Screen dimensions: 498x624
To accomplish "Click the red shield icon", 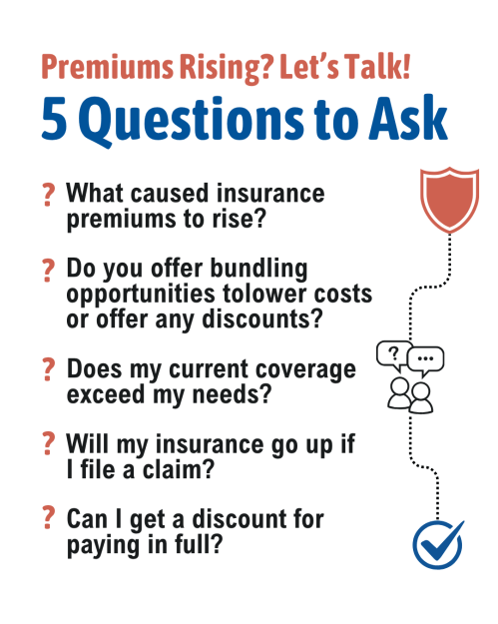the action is pos(449,200).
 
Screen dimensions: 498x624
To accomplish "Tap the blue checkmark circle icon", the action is pos(437,544).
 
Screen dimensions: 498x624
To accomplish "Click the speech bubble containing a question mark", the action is pos(393,353).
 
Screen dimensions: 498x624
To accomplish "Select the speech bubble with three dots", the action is pos(425,359).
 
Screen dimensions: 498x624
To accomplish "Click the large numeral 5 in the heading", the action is pos(54,119).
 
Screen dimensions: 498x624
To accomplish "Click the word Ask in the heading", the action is pos(408,118).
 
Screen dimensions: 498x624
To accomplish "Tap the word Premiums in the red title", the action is pos(108,67).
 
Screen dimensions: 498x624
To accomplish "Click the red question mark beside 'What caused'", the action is pos(48,195).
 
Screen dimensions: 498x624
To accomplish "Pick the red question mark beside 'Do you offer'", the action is pos(48,271).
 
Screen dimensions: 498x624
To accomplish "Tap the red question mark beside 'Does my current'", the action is pos(48,369).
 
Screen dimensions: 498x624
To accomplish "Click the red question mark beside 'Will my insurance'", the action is pos(48,443).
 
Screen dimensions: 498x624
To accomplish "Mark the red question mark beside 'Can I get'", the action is pos(48,517).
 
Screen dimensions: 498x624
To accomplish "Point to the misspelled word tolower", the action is pos(264,294).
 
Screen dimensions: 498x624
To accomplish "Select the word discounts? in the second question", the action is pos(262,318).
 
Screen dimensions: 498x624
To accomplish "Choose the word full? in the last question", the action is pos(199,544).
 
